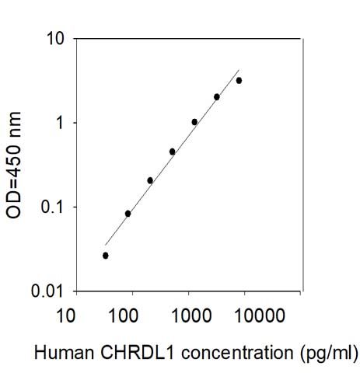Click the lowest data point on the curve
pyautogui.click(x=106, y=255)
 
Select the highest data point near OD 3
pyautogui.click(x=239, y=80)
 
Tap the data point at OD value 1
pyautogui.click(x=194, y=122)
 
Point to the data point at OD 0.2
pyautogui.click(x=150, y=180)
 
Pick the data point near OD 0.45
pyautogui.click(x=172, y=152)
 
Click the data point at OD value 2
pyautogui.click(x=217, y=97)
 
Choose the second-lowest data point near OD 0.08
pyautogui.click(x=128, y=213)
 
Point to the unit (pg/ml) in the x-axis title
pyautogui.click(x=325, y=354)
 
